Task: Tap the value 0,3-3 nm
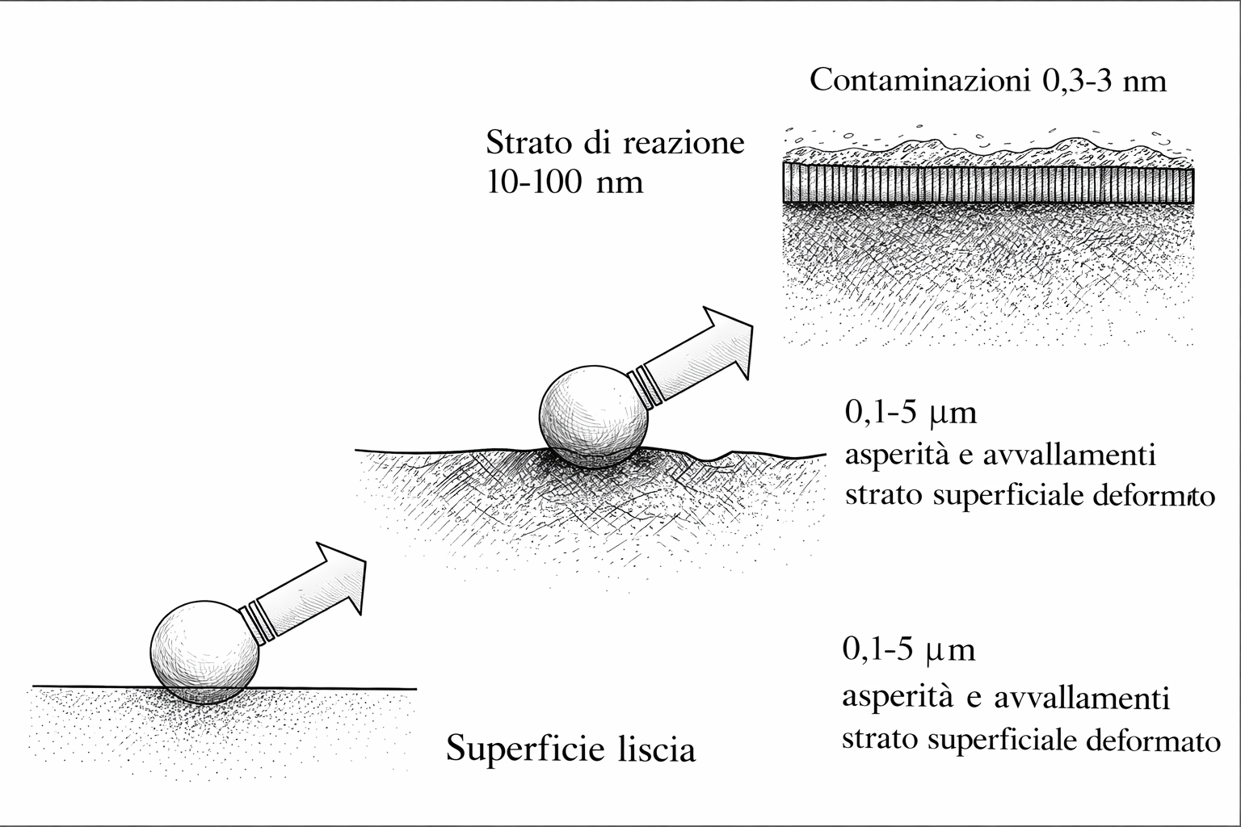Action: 1100,82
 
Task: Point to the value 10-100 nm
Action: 565,183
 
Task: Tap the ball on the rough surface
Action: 594,418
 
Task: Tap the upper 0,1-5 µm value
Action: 911,413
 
